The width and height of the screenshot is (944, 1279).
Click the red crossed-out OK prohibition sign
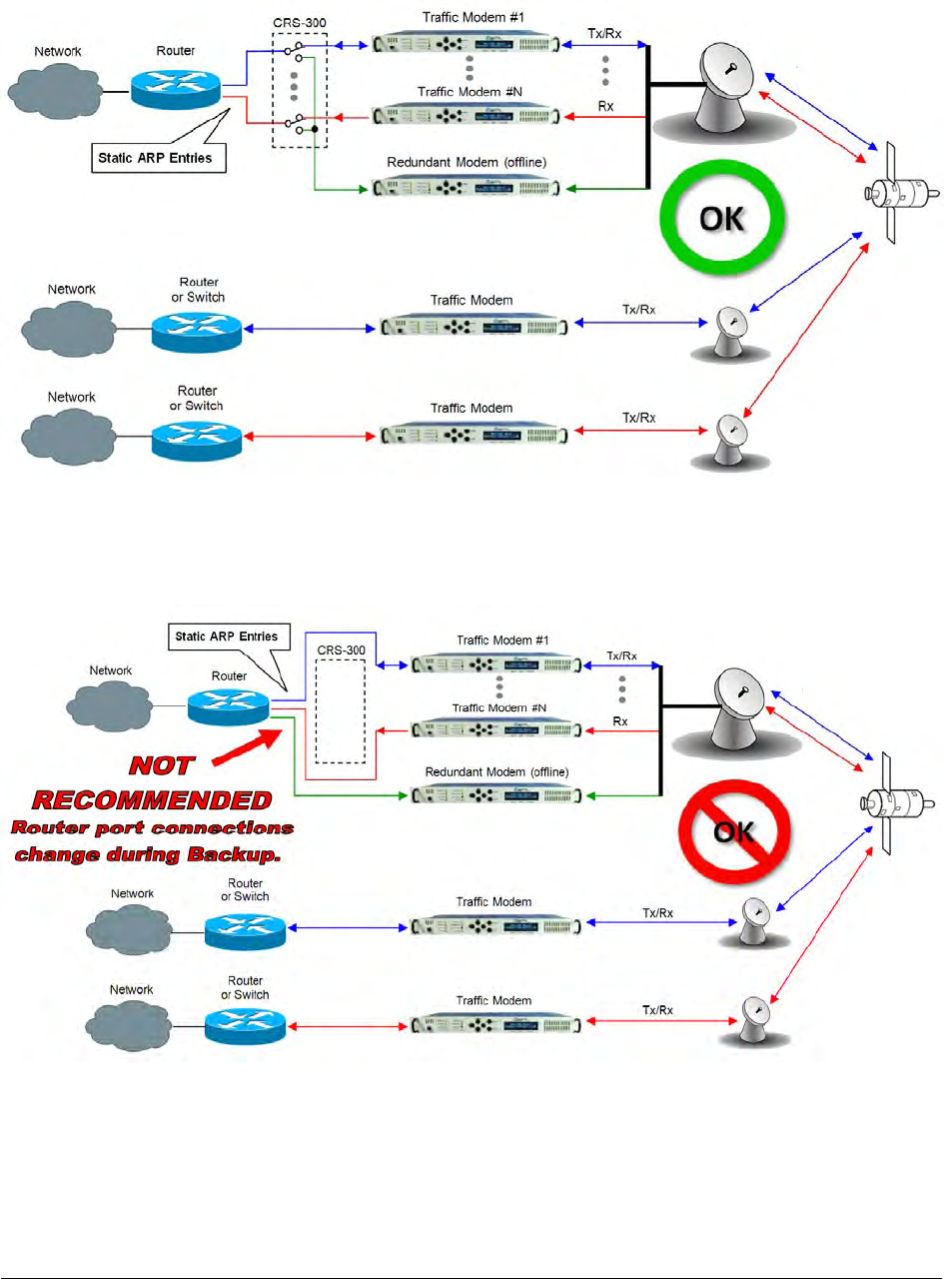point(734,832)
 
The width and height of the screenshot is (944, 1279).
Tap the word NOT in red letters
point(162,765)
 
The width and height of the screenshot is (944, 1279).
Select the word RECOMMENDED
point(152,799)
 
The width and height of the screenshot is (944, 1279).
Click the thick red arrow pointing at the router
point(247,747)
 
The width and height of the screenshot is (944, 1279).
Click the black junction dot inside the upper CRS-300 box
point(315,129)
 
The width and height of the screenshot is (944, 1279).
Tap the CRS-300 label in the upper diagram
point(300,23)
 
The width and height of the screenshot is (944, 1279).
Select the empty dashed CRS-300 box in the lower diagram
point(316,711)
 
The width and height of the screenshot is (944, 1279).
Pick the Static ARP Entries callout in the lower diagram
point(229,637)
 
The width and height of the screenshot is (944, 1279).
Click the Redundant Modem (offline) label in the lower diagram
point(496,771)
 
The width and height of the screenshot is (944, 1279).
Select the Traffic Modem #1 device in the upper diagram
point(466,43)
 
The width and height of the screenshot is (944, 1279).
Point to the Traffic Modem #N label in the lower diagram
point(498,707)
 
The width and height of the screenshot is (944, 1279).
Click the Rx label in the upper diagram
point(605,107)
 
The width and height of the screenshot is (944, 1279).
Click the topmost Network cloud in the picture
point(55,91)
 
